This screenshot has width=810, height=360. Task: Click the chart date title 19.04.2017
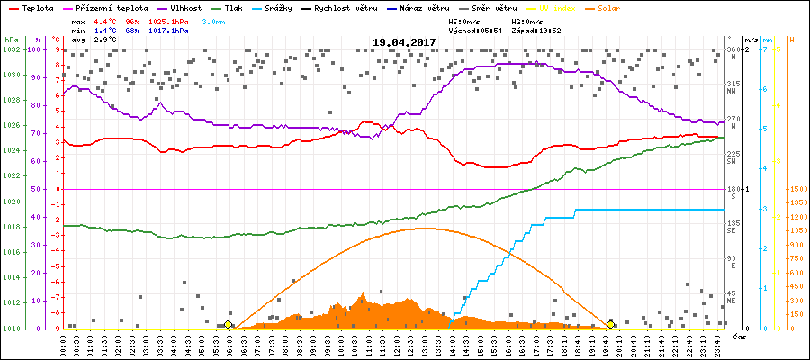(404, 42)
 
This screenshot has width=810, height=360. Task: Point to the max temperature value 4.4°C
(105, 20)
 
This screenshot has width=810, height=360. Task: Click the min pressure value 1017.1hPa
(168, 30)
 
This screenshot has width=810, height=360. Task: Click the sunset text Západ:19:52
(535, 30)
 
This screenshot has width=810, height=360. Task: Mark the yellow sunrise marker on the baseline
(228, 324)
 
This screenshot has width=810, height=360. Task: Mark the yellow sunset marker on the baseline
(611, 324)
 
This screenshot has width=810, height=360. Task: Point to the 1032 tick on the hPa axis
(11, 49)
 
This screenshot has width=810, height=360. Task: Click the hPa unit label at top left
(11, 40)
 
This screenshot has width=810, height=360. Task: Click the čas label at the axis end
(739, 337)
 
